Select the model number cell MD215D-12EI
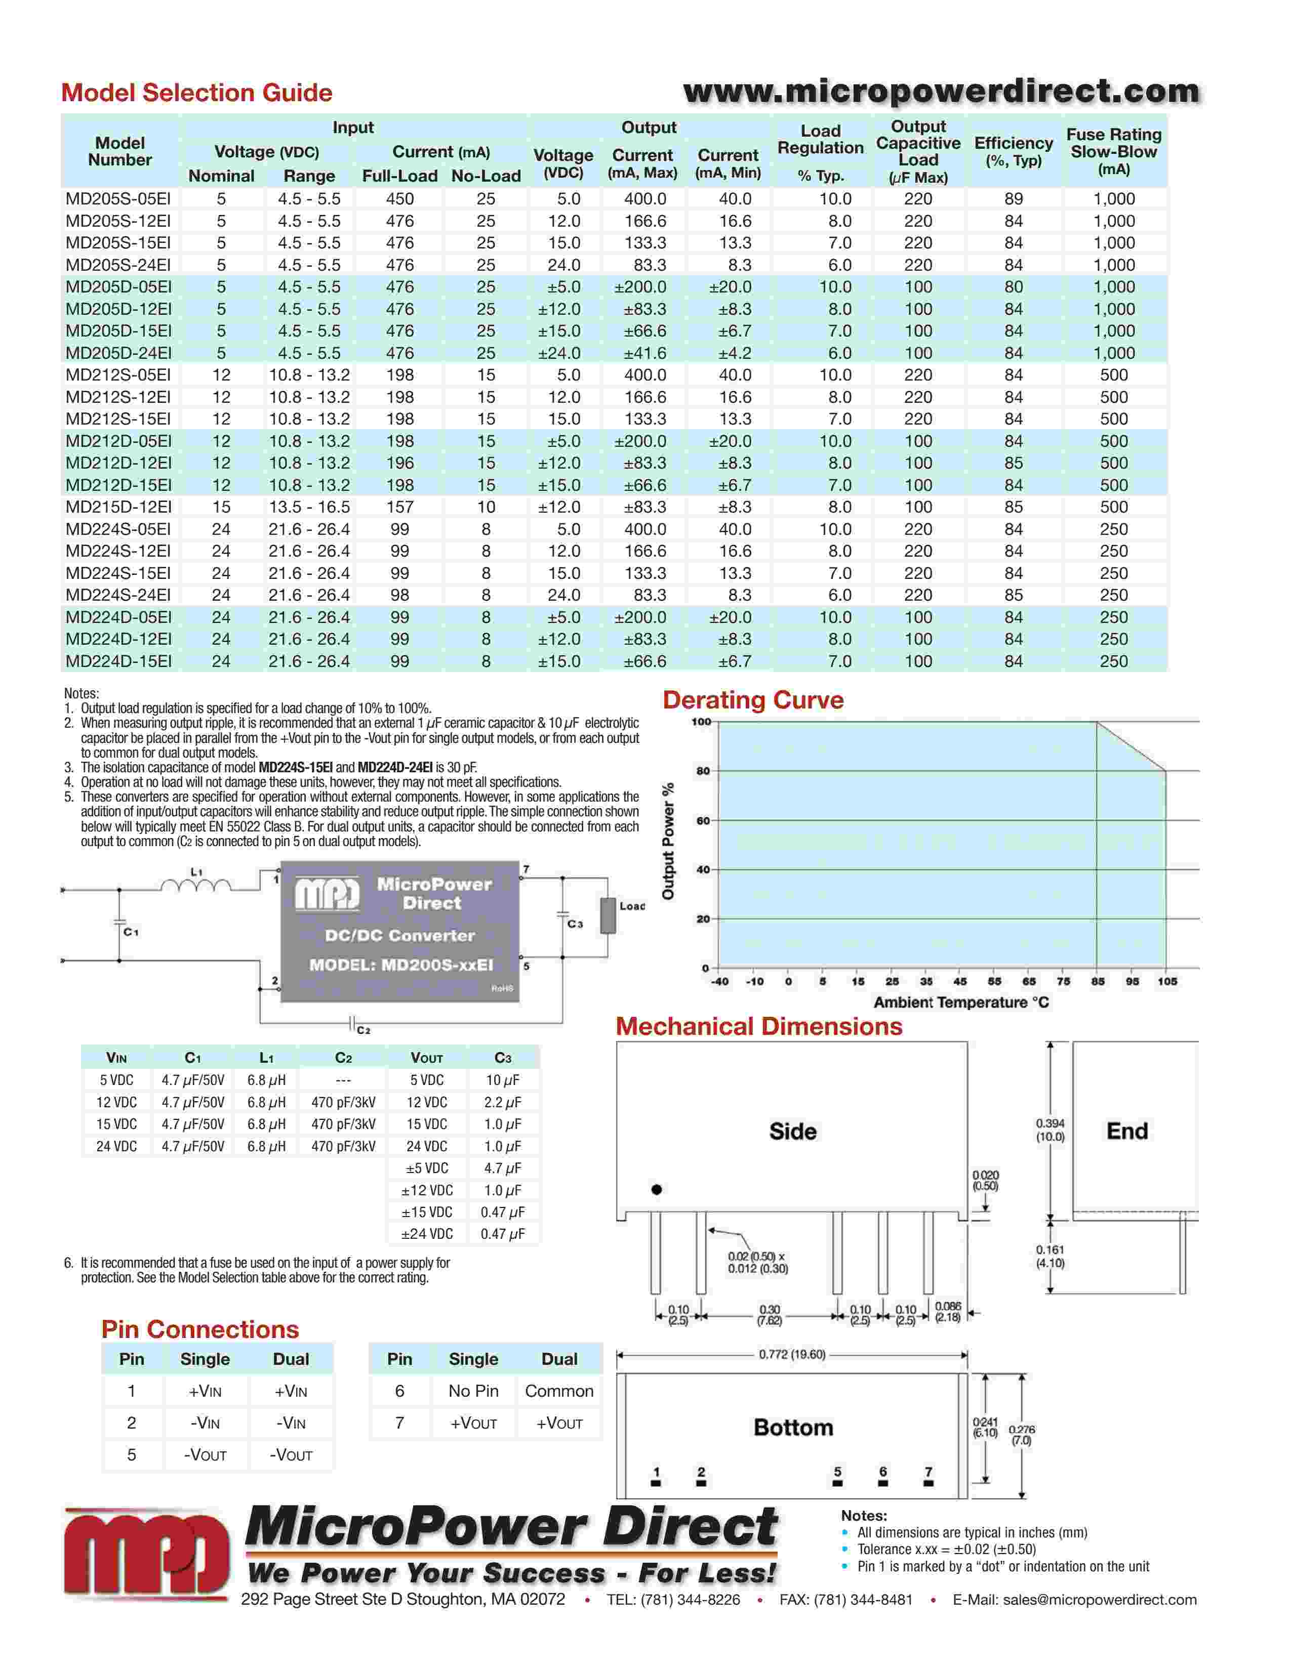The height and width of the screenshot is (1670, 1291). tap(118, 507)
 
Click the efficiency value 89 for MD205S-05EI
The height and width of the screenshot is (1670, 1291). tap(1014, 199)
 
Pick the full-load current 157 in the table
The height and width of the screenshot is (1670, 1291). tap(399, 507)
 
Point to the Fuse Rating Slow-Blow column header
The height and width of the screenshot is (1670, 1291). tap(1114, 151)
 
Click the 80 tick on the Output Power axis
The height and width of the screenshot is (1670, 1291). tap(703, 771)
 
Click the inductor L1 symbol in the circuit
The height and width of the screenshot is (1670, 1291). tap(196, 886)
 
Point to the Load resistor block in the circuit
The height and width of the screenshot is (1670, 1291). tap(608, 915)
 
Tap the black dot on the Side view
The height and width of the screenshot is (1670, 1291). tap(656, 1189)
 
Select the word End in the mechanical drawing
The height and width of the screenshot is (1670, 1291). tap(1126, 1131)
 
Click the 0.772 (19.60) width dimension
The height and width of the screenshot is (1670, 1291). tap(792, 1354)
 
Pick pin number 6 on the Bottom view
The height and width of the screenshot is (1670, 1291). tap(882, 1472)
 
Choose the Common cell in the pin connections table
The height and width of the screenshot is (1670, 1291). tap(559, 1391)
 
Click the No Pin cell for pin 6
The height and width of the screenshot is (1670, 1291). tap(473, 1391)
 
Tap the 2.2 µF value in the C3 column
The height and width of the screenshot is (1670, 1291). tap(503, 1102)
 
